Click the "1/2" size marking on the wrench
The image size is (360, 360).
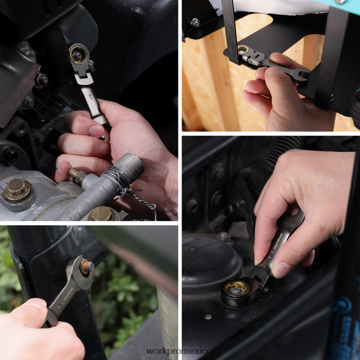pos(89,96)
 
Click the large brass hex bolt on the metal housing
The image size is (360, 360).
pos(17,190)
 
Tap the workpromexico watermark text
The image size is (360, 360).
pos(179,351)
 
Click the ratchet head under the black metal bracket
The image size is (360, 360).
pos(244,51)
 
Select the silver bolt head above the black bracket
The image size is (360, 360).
pos(195,22)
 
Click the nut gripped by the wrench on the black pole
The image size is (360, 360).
pos(86,267)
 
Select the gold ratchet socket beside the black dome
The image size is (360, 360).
pos(236,289)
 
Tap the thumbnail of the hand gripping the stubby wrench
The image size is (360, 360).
pos(282,270)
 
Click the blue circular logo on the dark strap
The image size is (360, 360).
pos(343,313)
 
